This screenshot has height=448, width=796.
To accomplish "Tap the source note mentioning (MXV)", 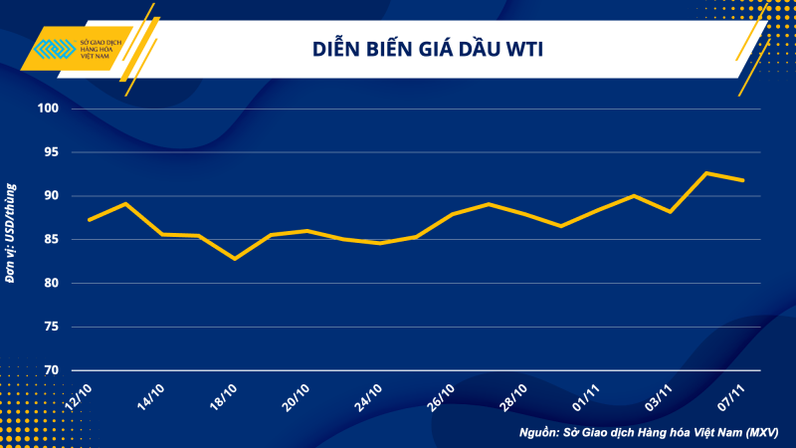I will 649,433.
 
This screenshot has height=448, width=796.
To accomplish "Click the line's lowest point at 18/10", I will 235,259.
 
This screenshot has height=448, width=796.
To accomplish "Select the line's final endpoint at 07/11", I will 743,180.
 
